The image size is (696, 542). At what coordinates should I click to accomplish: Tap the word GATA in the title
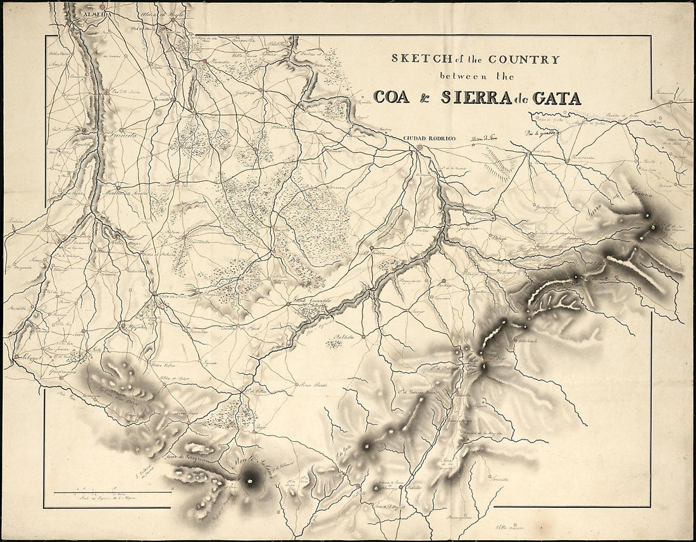click(x=557, y=98)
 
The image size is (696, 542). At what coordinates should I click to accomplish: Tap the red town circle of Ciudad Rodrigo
click(x=419, y=148)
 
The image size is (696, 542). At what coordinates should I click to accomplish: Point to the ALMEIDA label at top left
click(x=92, y=12)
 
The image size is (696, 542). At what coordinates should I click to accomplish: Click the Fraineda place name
click(x=109, y=135)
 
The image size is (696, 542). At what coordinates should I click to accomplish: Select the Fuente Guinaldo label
click(x=310, y=300)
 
